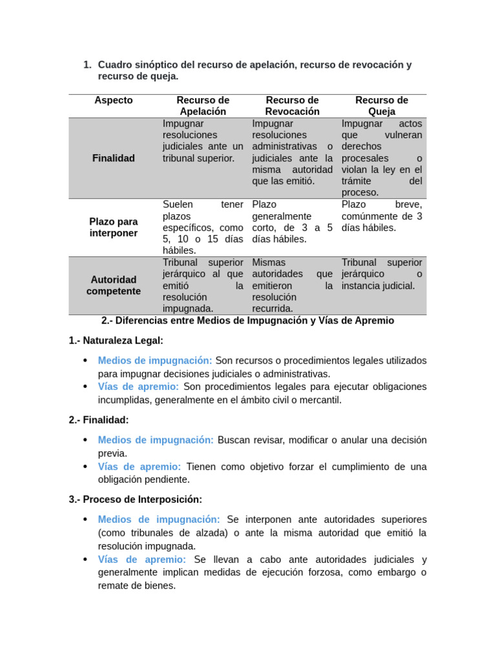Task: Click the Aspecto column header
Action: tap(114, 100)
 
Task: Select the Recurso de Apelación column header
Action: tap(203, 106)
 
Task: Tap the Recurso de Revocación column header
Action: tap(293, 106)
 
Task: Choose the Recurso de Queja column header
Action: tap(382, 106)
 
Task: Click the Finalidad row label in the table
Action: tap(114, 158)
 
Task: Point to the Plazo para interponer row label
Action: tap(114, 227)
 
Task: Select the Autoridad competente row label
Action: tap(114, 285)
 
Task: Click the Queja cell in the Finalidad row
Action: tap(382, 158)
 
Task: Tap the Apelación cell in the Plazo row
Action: tap(203, 227)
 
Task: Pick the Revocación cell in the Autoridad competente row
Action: tap(293, 285)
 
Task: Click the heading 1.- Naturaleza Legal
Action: tap(116, 340)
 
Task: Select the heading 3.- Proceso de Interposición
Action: tap(136, 500)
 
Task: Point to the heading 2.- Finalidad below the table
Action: tap(99, 420)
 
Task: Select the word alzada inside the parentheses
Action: tap(207, 533)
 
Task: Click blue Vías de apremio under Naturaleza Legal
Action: tap(138, 387)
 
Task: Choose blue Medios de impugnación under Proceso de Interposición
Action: tap(159, 520)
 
